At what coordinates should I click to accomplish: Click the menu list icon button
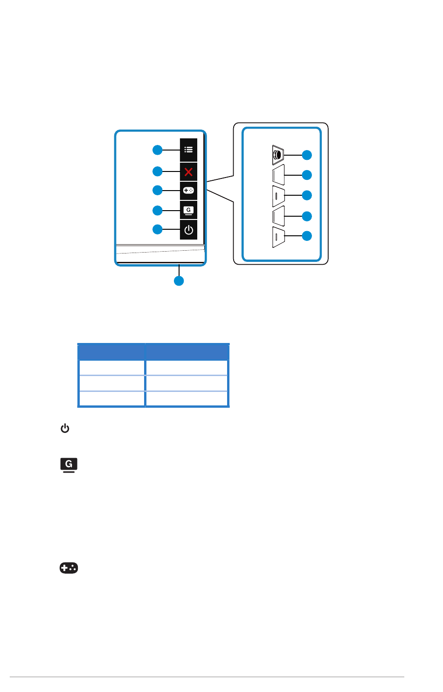click(188, 150)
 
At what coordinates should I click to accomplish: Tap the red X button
click(188, 171)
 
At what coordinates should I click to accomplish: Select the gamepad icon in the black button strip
click(188, 191)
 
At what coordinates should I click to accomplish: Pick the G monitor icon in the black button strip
click(188, 210)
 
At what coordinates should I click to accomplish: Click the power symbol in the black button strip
click(188, 230)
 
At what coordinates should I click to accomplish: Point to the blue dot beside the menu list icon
click(158, 150)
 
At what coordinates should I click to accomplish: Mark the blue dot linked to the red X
click(158, 171)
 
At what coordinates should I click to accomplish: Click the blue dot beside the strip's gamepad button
click(158, 190)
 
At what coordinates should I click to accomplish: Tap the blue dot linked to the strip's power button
click(158, 229)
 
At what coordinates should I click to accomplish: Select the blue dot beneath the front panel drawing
click(179, 281)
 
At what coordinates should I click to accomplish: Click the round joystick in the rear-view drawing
click(277, 155)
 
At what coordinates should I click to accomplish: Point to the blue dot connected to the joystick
click(306, 155)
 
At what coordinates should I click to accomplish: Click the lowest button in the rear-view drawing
click(278, 237)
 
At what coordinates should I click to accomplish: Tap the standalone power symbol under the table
click(65, 428)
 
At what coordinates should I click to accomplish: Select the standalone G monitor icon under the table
click(69, 465)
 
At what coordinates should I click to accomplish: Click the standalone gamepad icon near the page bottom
click(69, 568)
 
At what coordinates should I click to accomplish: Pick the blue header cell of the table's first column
click(111, 351)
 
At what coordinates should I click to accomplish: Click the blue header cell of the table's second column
click(187, 351)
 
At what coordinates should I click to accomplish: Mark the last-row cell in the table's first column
click(111, 399)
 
